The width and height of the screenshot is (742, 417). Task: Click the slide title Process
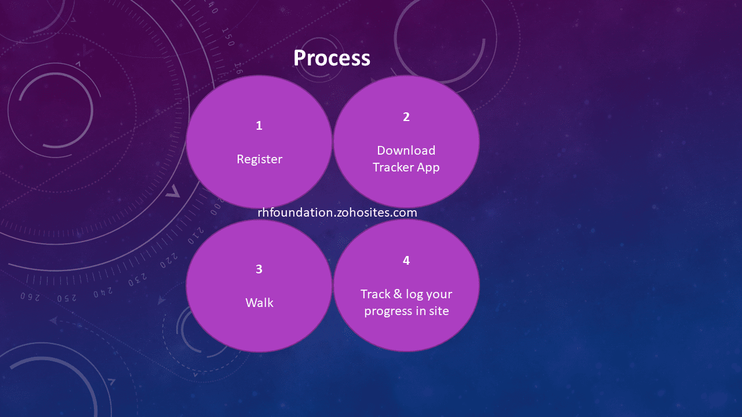point(332,58)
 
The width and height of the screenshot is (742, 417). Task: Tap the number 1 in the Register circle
point(259,126)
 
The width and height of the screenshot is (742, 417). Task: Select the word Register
point(259,160)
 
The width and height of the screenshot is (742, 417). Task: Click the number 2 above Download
point(406,117)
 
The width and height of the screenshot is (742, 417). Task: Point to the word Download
point(406,151)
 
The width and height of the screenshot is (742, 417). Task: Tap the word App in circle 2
point(428,168)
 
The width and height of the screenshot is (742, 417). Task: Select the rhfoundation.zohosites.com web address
point(337,213)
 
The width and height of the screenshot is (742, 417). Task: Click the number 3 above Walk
point(259,269)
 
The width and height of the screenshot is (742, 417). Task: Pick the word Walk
point(259,303)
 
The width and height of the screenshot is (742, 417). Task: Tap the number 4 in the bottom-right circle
point(406,261)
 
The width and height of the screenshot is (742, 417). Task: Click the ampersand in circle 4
point(398,294)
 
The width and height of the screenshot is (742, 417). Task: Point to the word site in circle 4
point(439,311)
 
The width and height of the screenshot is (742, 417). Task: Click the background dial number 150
point(228,36)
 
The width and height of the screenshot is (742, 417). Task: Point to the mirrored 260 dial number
point(30,297)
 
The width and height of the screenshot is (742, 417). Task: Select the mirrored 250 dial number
point(67,298)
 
